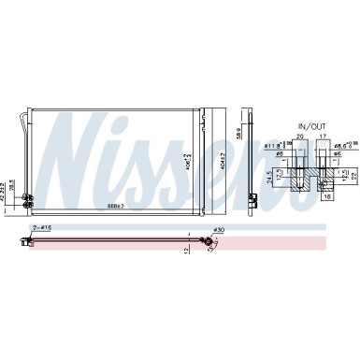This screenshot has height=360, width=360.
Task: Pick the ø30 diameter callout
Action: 219,230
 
